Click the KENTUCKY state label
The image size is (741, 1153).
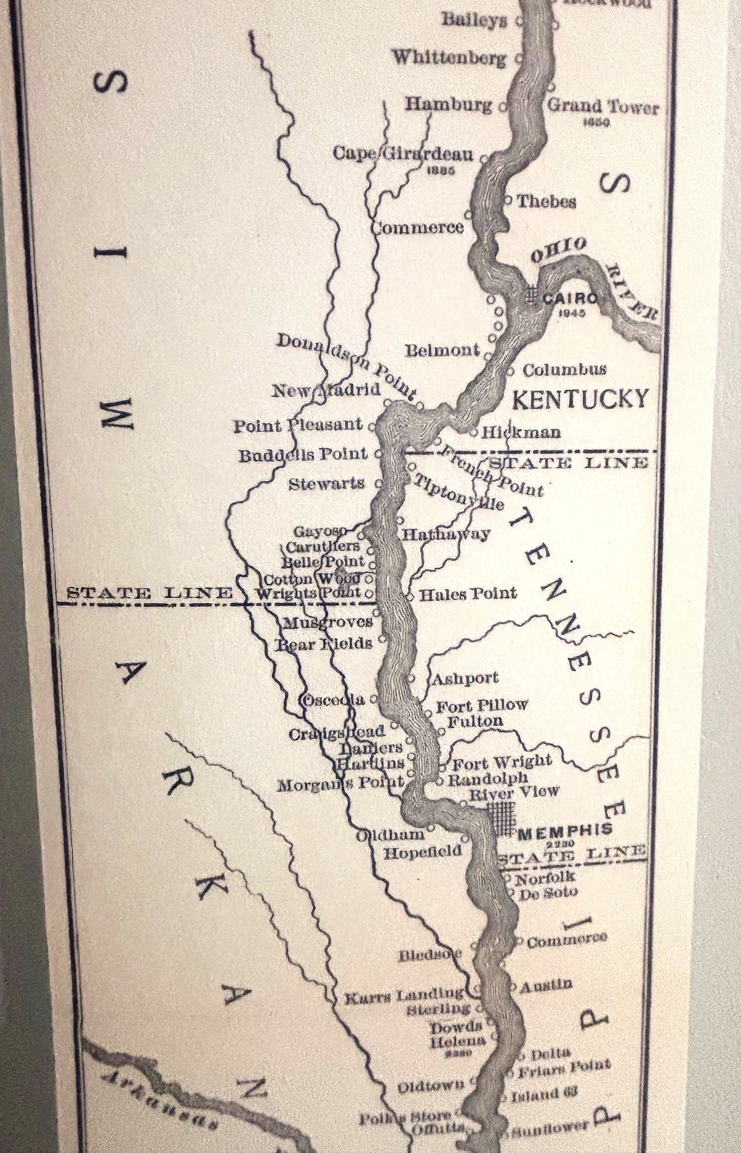pos(581,399)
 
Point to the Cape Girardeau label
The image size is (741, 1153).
pos(403,154)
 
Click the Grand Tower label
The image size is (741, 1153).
pos(603,107)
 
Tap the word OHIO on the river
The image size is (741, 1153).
pos(559,250)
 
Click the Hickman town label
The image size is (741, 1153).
pos(521,432)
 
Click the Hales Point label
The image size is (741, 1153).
pos(468,594)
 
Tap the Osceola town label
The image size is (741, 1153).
pos(334,700)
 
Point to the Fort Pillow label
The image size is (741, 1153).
pos(481,705)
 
